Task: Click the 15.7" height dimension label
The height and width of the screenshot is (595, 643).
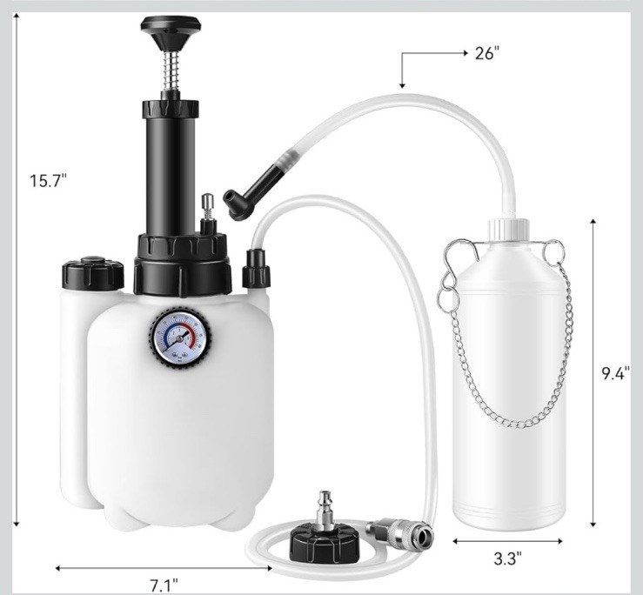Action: pos(48,180)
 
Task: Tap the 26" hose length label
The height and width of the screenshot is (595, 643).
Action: pos(487,53)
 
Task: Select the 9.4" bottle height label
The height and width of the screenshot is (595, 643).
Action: pos(615,373)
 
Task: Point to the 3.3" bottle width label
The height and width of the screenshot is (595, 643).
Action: pos(507,558)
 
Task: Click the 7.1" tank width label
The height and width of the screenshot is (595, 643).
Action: pos(164,585)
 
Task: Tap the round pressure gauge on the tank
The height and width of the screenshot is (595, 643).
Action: pos(181,337)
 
